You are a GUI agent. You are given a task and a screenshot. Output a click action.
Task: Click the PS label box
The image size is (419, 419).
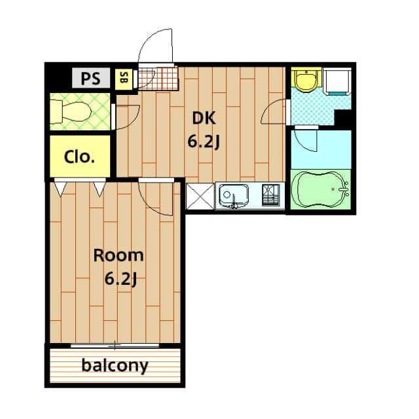[x=91, y=79]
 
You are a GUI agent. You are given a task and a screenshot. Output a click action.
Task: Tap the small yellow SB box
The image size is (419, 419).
[x=123, y=79]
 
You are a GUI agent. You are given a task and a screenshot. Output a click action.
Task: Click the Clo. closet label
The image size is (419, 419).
[x=80, y=157]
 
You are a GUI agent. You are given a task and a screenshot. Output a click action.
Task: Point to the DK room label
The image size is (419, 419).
[x=203, y=118]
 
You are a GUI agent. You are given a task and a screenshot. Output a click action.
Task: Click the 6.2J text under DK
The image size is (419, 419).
[x=203, y=141]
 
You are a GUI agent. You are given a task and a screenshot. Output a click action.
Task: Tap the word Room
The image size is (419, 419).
[x=118, y=255]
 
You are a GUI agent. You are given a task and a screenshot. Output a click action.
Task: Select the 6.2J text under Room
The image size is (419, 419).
[x=120, y=279]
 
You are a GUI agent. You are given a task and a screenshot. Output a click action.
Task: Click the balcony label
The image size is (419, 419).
[x=115, y=365]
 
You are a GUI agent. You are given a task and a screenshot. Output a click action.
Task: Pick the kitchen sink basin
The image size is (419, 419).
[x=233, y=194]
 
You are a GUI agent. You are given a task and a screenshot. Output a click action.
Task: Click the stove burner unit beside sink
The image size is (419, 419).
[x=270, y=194]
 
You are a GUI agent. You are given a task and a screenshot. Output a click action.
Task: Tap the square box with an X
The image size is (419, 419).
[x=199, y=196]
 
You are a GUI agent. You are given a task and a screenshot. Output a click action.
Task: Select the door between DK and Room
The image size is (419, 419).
[x=155, y=196]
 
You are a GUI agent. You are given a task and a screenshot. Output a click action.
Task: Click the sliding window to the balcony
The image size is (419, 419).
[x=115, y=344]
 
